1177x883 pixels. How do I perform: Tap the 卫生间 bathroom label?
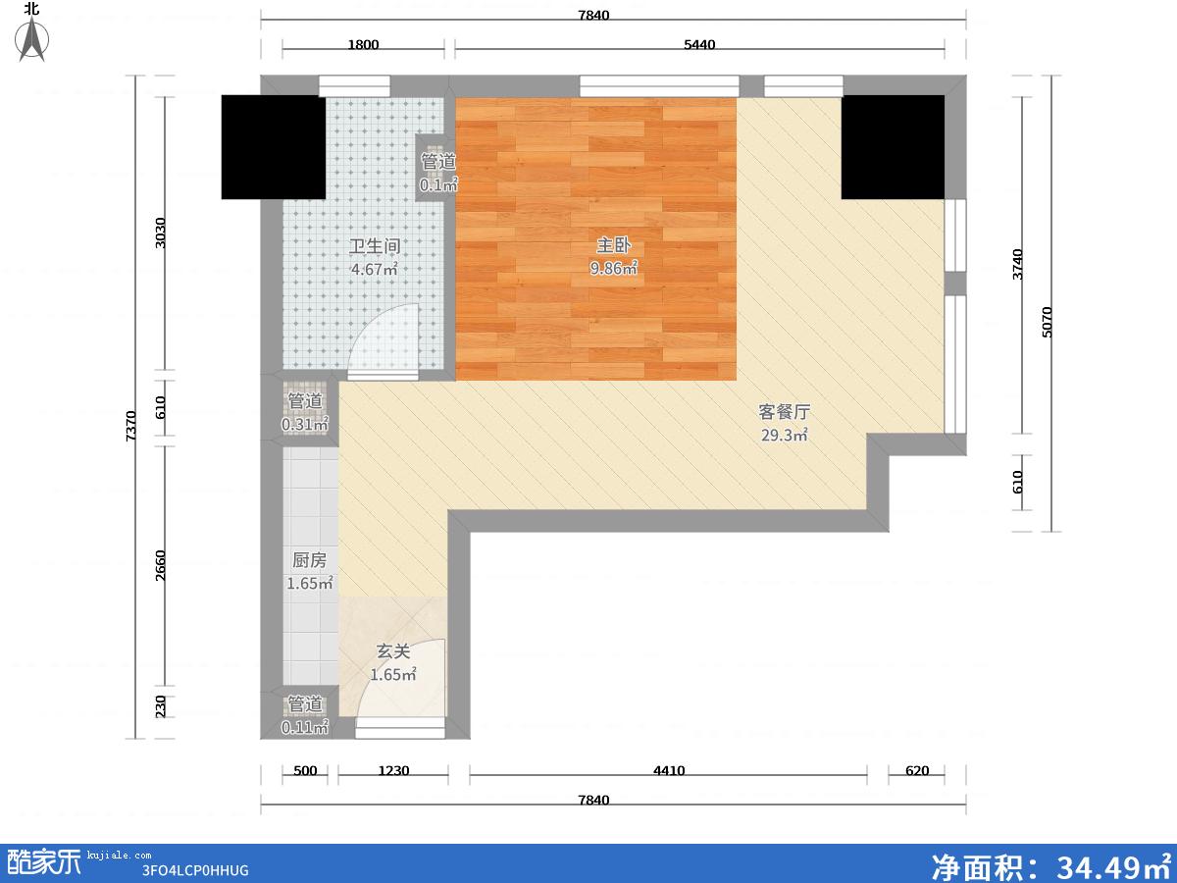pyautogui.click(x=375, y=246)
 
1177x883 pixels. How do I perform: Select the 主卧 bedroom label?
pyautogui.click(x=613, y=245)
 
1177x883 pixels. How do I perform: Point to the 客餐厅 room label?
pyautogui.click(x=784, y=412)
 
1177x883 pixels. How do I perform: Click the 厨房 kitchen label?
pyautogui.click(x=309, y=560)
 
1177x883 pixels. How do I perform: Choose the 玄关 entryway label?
pyautogui.click(x=393, y=651)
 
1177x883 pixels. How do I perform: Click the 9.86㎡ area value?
pyautogui.click(x=613, y=268)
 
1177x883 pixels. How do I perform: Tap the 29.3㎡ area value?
pyautogui.click(x=784, y=435)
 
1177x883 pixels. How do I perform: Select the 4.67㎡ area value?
pyautogui.click(x=375, y=269)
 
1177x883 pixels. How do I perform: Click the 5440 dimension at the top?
pyautogui.click(x=699, y=44)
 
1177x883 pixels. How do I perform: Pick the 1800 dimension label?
pyautogui.click(x=363, y=44)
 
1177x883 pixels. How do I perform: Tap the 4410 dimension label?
pyautogui.click(x=669, y=770)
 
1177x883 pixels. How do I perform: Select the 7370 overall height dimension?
pyautogui.click(x=130, y=426)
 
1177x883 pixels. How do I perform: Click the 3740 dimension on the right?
pyautogui.click(x=1017, y=264)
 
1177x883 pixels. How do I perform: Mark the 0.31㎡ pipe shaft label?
pyautogui.click(x=305, y=424)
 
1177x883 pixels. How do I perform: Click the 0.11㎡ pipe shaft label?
pyautogui.click(x=305, y=728)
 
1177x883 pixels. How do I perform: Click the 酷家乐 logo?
pyautogui.click(x=44, y=862)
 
